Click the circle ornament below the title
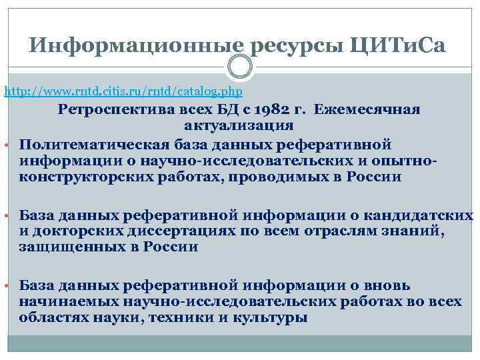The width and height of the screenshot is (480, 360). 240,67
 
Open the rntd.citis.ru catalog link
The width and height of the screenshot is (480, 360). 124,90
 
